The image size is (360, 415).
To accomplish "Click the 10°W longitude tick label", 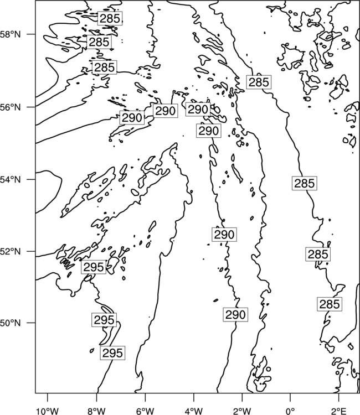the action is click(x=48, y=411).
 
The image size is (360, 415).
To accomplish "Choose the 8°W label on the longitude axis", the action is click(x=96, y=411).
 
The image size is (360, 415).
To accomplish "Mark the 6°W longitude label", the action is click(x=145, y=411).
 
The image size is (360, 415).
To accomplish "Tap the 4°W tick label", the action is click(x=193, y=411).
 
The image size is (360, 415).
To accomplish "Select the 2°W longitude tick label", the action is click(x=242, y=411).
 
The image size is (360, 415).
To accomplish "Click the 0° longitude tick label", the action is click(x=290, y=411).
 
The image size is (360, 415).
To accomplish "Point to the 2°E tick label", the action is click(x=339, y=411).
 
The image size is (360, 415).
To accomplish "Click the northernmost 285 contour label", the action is click(x=110, y=18).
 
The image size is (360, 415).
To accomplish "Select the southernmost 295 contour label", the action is click(x=112, y=353).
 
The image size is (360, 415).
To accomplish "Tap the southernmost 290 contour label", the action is click(x=235, y=315).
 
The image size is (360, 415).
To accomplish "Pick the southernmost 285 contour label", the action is click(x=330, y=304).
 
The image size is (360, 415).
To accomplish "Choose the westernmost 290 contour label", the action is click(x=132, y=117).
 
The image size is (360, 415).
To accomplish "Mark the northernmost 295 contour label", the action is click(x=94, y=267).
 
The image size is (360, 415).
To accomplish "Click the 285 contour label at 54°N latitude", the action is click(x=305, y=183).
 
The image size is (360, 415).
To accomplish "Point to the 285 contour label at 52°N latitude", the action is click(x=318, y=255).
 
